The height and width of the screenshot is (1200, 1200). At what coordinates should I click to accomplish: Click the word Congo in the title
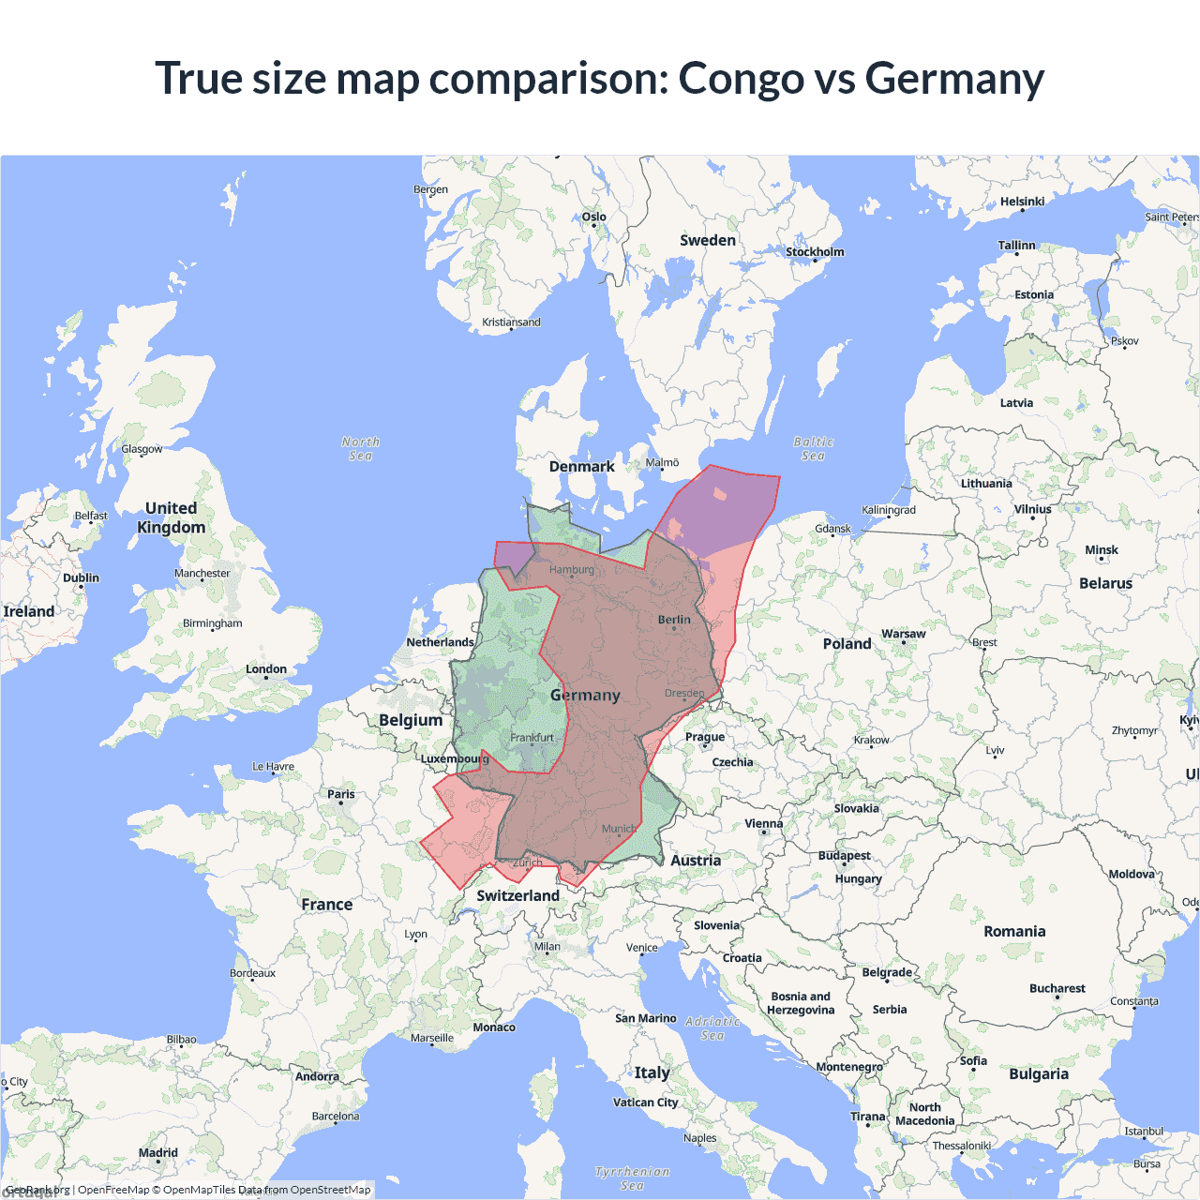point(741,79)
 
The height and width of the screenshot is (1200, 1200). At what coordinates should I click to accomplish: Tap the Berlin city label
point(674,620)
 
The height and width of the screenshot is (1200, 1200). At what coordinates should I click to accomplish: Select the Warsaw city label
point(903,635)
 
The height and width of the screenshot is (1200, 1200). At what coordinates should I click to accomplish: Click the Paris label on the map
point(341,794)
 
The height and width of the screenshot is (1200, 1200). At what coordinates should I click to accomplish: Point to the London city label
point(266,669)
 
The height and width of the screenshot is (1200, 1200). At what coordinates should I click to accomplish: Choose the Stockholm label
point(815,252)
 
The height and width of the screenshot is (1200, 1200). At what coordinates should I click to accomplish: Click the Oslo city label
point(594,217)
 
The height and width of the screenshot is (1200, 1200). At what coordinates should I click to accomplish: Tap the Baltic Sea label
point(813,448)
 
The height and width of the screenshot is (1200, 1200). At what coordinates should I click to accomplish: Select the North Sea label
point(361,448)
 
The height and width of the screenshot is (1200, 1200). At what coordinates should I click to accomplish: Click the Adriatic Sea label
point(712,1027)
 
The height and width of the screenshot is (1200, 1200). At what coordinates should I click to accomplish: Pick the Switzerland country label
point(517,895)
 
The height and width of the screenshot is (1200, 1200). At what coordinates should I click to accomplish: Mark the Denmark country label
point(581,467)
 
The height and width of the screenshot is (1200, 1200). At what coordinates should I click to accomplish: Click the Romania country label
point(1014,931)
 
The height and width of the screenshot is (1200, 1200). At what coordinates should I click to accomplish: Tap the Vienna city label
point(763,824)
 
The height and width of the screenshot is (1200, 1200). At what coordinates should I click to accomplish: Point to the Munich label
point(619,829)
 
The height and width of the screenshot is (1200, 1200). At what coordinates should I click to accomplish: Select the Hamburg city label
point(571,570)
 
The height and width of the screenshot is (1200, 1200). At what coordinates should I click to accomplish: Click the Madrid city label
point(158,1153)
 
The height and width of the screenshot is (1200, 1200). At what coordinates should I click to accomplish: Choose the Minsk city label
point(1102,550)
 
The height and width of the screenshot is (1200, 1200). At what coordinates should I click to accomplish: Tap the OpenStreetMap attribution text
point(330,1190)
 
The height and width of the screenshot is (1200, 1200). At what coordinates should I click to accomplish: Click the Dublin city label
point(81,577)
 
